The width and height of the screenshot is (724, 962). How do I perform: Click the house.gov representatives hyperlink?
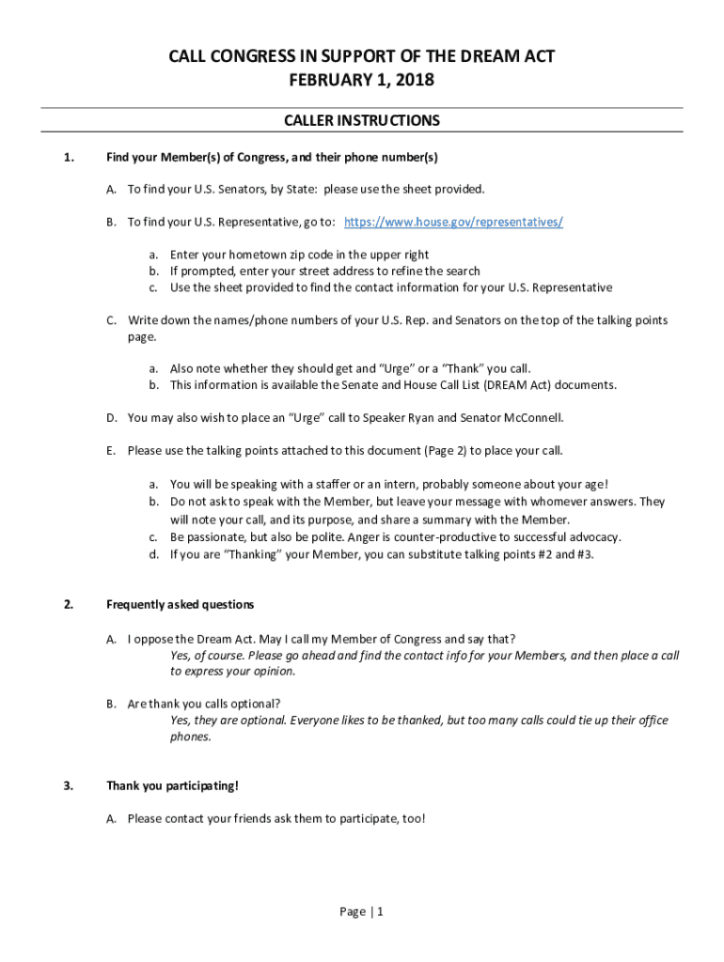click(x=453, y=222)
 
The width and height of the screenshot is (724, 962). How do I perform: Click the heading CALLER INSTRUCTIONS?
click(x=362, y=121)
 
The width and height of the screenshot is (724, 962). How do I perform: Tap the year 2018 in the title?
click(x=415, y=81)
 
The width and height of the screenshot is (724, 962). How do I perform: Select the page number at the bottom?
click(x=362, y=911)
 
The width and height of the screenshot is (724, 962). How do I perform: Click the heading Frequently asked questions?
click(x=180, y=604)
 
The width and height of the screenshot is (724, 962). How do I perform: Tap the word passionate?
click(x=213, y=537)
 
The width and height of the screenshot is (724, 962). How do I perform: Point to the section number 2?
click(x=69, y=604)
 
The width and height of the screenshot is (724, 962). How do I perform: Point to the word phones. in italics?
click(x=191, y=737)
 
